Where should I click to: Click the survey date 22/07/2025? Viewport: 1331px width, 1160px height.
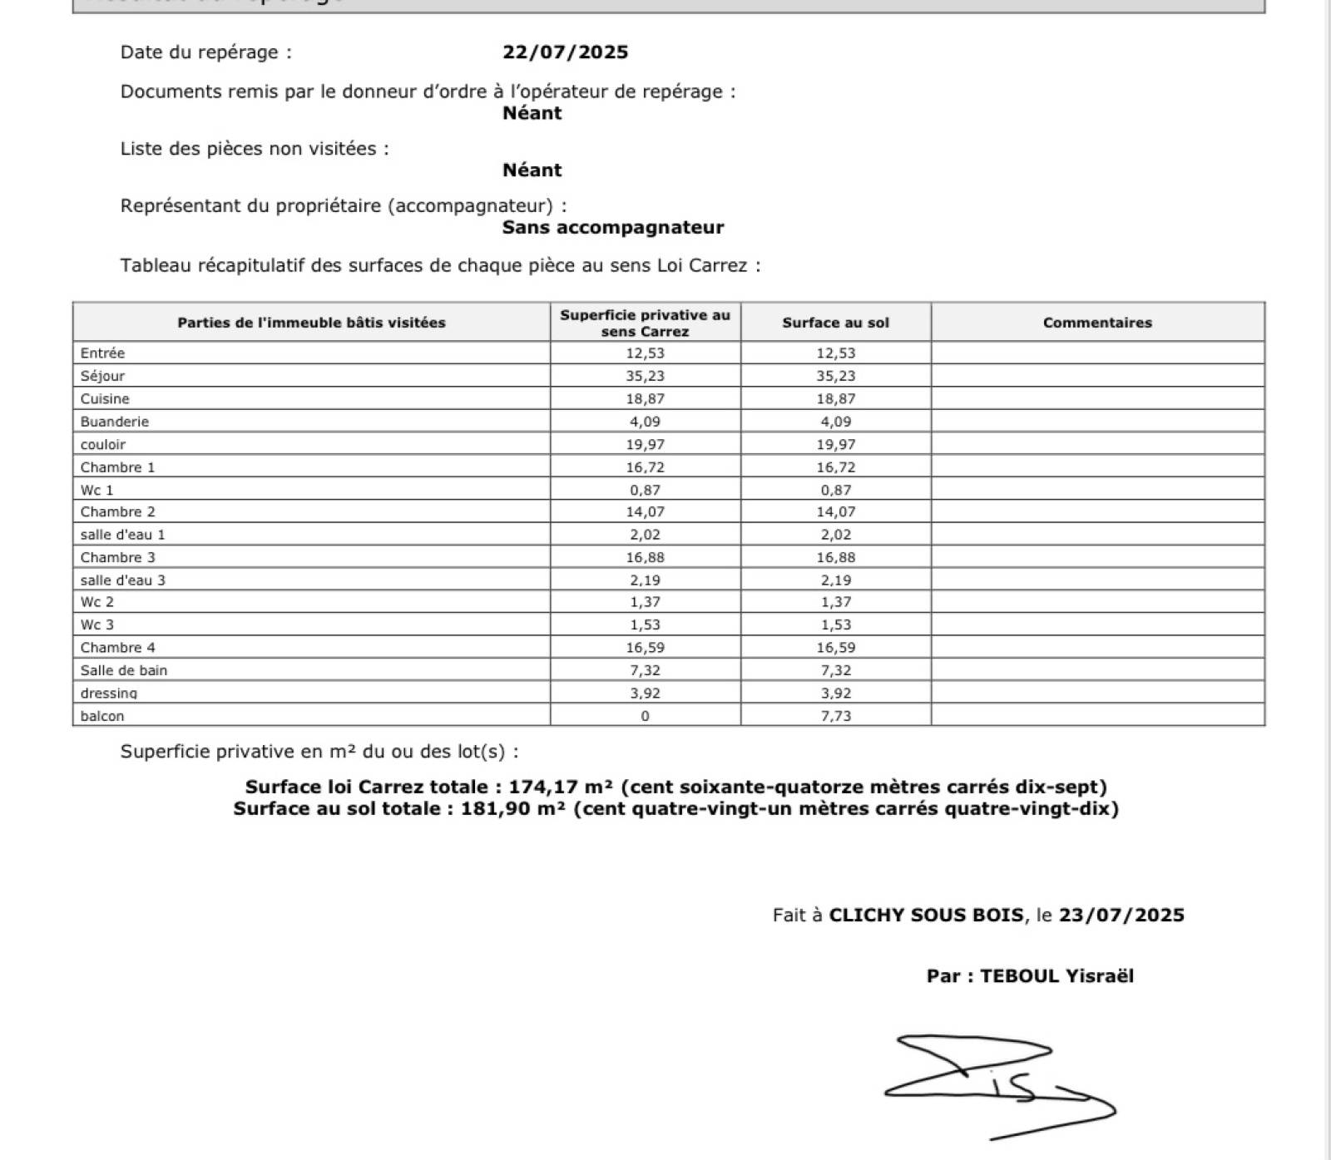point(565,52)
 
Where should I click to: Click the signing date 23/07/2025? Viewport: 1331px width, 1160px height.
point(1121,916)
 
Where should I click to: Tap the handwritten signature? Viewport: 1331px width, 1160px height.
point(998,1085)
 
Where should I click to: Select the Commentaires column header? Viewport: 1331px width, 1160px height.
point(1097,323)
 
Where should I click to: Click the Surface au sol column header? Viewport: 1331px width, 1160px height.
point(835,323)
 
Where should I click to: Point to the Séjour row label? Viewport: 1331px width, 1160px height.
point(102,376)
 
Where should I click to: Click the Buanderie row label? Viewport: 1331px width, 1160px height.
point(115,422)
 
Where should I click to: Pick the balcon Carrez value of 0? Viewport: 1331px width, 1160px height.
point(645,716)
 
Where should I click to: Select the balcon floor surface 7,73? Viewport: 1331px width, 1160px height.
point(835,716)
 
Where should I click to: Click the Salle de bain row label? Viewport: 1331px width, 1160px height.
point(124,670)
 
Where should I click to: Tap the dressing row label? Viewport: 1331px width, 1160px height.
point(109,693)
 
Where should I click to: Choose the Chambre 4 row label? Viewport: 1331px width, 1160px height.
point(118,648)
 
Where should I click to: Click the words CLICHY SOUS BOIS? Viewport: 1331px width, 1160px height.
point(926,916)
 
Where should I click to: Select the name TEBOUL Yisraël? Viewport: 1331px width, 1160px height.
point(1056,976)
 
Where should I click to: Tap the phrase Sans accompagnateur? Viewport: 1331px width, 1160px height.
point(613,228)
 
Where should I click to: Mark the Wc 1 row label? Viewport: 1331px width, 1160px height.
point(96,490)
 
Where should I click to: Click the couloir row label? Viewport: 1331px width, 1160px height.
point(103,445)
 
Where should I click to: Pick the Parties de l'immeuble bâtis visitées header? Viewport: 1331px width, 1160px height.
point(311,323)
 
